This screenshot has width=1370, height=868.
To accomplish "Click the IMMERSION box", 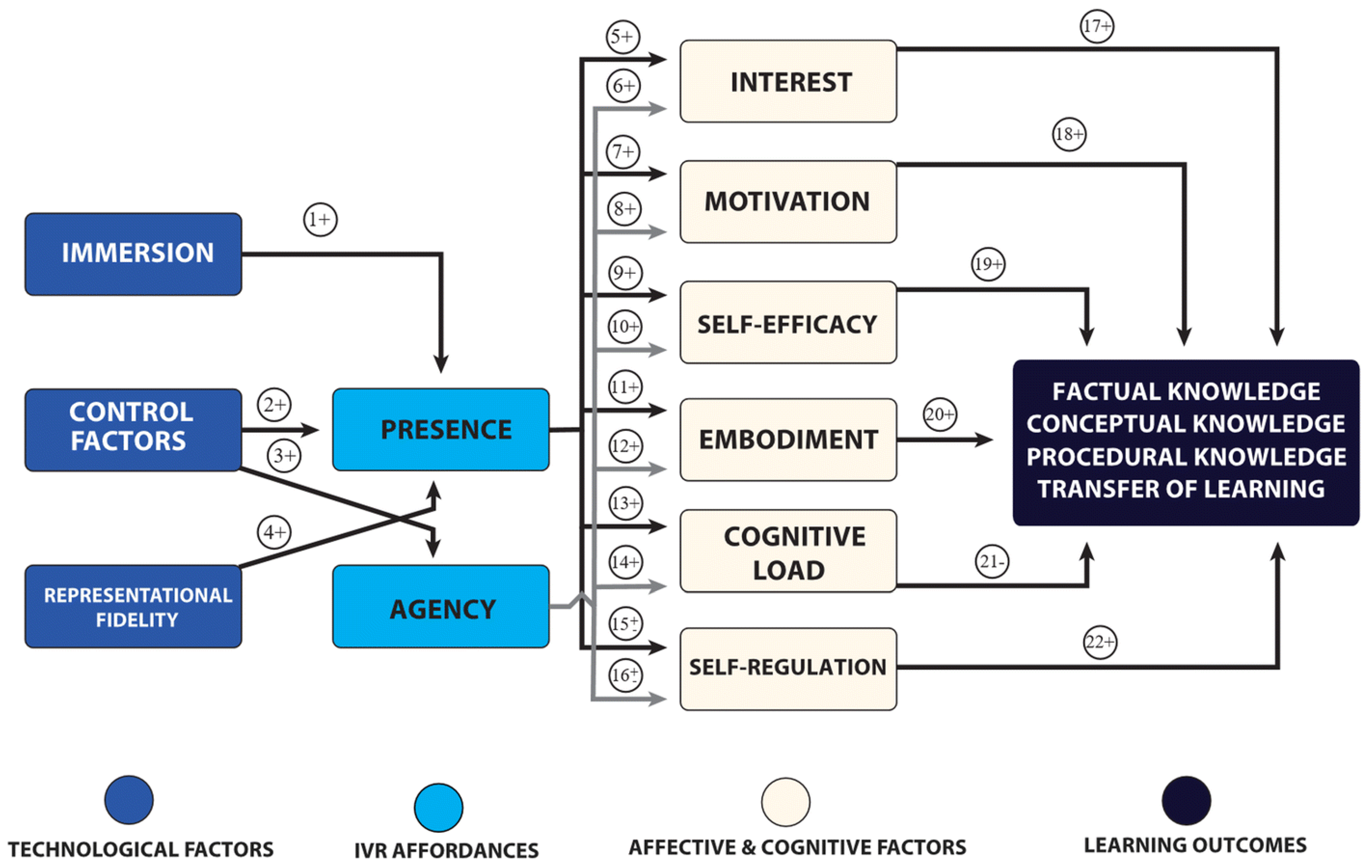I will (133, 254).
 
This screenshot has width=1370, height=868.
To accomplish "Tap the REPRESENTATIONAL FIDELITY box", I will (133, 606).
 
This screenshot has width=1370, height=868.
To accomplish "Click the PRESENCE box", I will (441, 429).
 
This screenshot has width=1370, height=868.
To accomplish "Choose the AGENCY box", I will (441, 606).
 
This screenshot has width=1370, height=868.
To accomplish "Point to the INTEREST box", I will (788, 81).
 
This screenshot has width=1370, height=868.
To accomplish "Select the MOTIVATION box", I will (788, 201).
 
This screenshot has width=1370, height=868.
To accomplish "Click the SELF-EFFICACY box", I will (788, 322).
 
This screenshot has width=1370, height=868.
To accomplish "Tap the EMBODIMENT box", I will (788, 440).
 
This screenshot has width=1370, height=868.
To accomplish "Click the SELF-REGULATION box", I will (788, 668).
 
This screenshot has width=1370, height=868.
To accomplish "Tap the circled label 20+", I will (939, 414).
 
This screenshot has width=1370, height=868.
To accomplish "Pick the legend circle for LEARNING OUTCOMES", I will (1186, 800).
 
